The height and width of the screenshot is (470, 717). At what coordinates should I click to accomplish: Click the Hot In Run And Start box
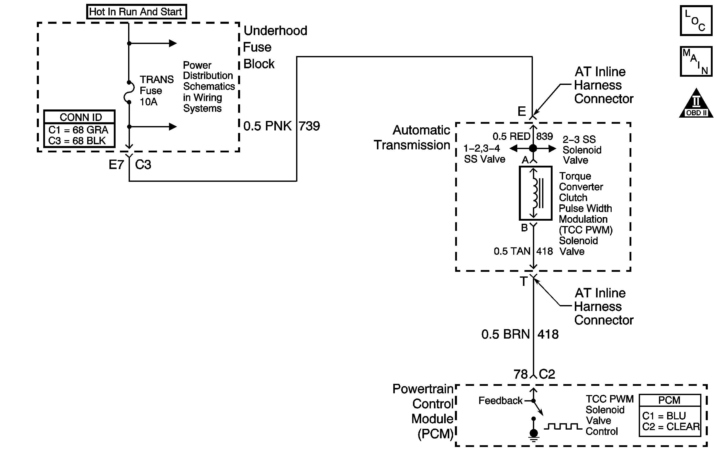tap(136, 12)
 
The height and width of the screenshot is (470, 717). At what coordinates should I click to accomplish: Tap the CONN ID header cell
tap(80, 117)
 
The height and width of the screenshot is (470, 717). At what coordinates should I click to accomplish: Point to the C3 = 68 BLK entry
tap(77, 141)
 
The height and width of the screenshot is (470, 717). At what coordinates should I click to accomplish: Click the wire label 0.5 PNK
tap(267, 126)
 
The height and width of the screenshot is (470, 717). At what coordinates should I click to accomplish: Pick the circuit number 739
tap(309, 126)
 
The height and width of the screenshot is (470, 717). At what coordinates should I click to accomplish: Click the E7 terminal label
tap(116, 164)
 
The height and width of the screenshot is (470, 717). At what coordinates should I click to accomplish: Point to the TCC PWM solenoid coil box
tap(535, 193)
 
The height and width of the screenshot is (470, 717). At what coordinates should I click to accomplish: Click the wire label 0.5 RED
tap(511, 137)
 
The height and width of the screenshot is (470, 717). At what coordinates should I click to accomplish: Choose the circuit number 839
tap(544, 137)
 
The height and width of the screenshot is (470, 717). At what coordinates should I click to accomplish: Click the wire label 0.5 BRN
tap(505, 334)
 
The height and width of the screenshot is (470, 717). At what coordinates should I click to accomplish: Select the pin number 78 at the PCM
tap(521, 374)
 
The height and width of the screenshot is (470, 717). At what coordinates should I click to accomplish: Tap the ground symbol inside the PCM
tap(534, 435)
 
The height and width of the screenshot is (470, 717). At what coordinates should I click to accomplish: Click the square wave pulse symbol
tap(563, 426)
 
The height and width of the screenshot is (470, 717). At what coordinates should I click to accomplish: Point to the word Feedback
tap(500, 400)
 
